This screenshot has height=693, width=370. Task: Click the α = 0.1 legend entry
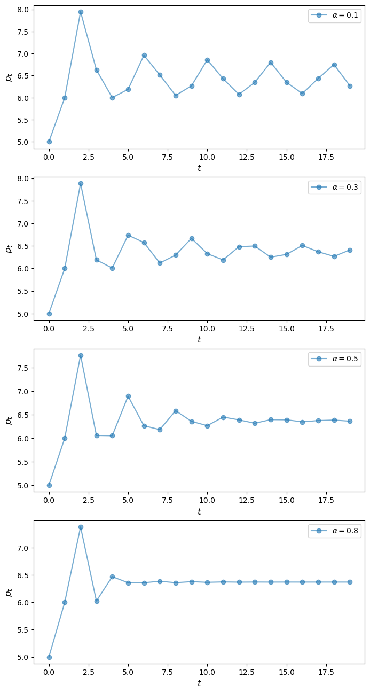(334, 15)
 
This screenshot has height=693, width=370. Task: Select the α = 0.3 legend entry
(334, 188)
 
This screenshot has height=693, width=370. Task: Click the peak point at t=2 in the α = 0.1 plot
(81, 12)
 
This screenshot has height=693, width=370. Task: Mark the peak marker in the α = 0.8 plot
(81, 527)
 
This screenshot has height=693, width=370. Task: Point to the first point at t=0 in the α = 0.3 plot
(49, 314)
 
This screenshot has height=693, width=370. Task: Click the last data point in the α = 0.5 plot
(350, 421)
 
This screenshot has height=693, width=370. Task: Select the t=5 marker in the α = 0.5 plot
(128, 396)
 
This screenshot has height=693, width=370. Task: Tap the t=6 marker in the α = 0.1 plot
(144, 55)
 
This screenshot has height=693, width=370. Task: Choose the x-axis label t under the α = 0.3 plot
(199, 339)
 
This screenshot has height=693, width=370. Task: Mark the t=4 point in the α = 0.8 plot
(112, 577)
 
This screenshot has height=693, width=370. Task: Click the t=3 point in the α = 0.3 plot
(97, 260)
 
